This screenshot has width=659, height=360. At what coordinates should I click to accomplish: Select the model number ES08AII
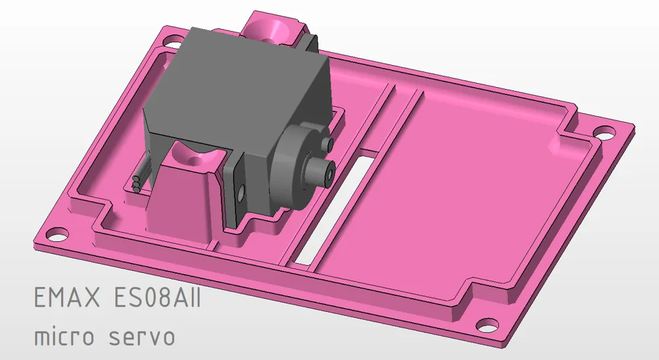click(x=157, y=299)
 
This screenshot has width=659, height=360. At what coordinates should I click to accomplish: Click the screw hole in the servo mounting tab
click(x=241, y=191)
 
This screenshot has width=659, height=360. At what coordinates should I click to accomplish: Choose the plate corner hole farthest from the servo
click(x=486, y=324)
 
